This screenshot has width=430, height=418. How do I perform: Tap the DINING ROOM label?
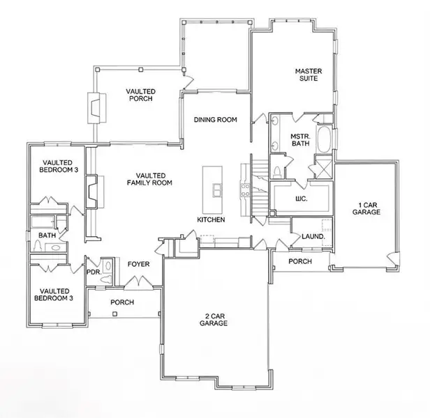tap(215, 120)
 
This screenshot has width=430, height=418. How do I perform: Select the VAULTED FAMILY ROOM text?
tap(149, 178)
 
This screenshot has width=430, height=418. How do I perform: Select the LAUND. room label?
tap(312, 237)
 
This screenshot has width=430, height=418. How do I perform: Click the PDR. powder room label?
tap(93, 272)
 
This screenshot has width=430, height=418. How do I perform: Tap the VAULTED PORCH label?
tap(140, 95)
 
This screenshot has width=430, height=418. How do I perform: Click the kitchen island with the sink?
tap(214, 190)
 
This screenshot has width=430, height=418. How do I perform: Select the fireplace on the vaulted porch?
tap(94, 108)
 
